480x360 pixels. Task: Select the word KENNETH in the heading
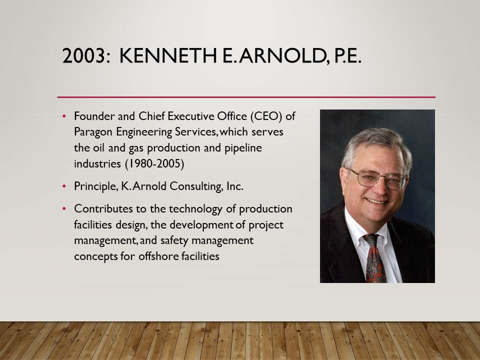point(168,55)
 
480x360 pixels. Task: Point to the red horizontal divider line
point(246,97)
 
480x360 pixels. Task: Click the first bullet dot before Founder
point(64,116)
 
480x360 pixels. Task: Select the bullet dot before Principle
point(64,186)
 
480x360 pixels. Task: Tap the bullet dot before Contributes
point(64,209)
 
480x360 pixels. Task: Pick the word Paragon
point(92,132)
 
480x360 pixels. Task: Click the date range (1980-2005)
point(155,163)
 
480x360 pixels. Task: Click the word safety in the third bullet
point(174,240)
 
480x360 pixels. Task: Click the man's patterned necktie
point(374,258)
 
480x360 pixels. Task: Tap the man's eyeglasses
point(378,178)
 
